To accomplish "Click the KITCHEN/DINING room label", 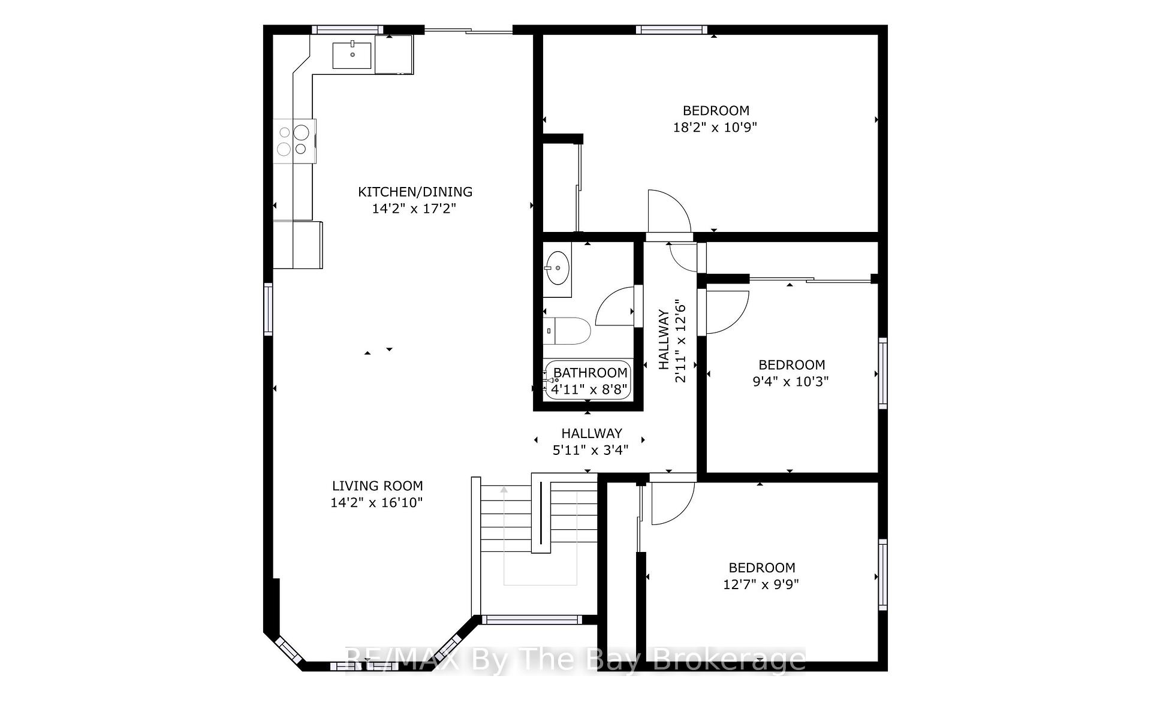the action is pyautogui.click(x=415, y=192).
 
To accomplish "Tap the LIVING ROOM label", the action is pyautogui.click(x=378, y=486).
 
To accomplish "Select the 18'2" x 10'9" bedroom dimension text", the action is pyautogui.click(x=716, y=128).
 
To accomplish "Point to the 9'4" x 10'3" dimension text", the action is pyautogui.click(x=791, y=382).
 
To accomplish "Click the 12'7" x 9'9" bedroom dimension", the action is pyautogui.click(x=761, y=584).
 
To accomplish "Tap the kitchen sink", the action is pyautogui.click(x=352, y=55).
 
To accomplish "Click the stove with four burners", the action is pyautogui.click(x=294, y=141).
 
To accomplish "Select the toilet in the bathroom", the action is pyautogui.click(x=568, y=331).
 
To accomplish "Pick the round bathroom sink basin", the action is pyautogui.click(x=557, y=268).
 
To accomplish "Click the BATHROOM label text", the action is pyautogui.click(x=590, y=373).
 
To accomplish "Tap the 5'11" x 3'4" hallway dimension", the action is pyautogui.click(x=590, y=449).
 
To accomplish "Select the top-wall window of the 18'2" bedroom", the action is pyautogui.click(x=671, y=29).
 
